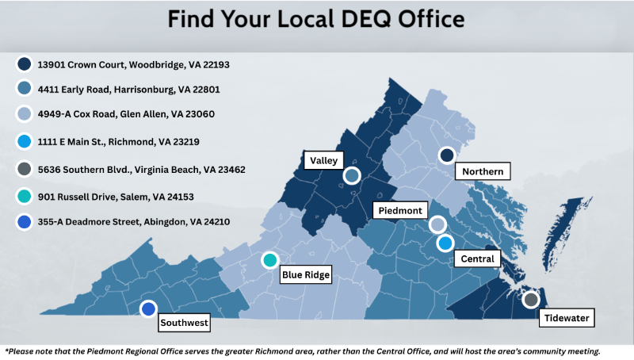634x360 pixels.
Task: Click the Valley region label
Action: (x=323, y=160)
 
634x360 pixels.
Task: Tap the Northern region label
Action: (x=483, y=171)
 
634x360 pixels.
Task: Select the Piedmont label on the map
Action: (x=400, y=210)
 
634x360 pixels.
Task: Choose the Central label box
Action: (x=477, y=259)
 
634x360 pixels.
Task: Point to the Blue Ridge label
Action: (x=306, y=275)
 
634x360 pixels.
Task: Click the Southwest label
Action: (x=185, y=323)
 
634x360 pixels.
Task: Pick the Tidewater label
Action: (x=567, y=319)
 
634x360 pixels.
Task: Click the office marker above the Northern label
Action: (x=447, y=155)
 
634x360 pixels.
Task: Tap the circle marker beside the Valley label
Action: (x=352, y=175)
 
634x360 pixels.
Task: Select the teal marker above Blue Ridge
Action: (x=269, y=260)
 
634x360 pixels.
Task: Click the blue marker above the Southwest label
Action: (x=148, y=309)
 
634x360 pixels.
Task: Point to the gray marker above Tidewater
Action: (x=531, y=300)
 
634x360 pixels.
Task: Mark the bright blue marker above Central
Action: (x=445, y=243)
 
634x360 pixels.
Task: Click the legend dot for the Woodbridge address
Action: (x=25, y=64)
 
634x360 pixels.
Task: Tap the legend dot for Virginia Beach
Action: (x=25, y=168)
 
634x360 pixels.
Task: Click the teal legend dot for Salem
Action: (x=25, y=195)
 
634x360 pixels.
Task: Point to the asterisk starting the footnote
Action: (x=7, y=350)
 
